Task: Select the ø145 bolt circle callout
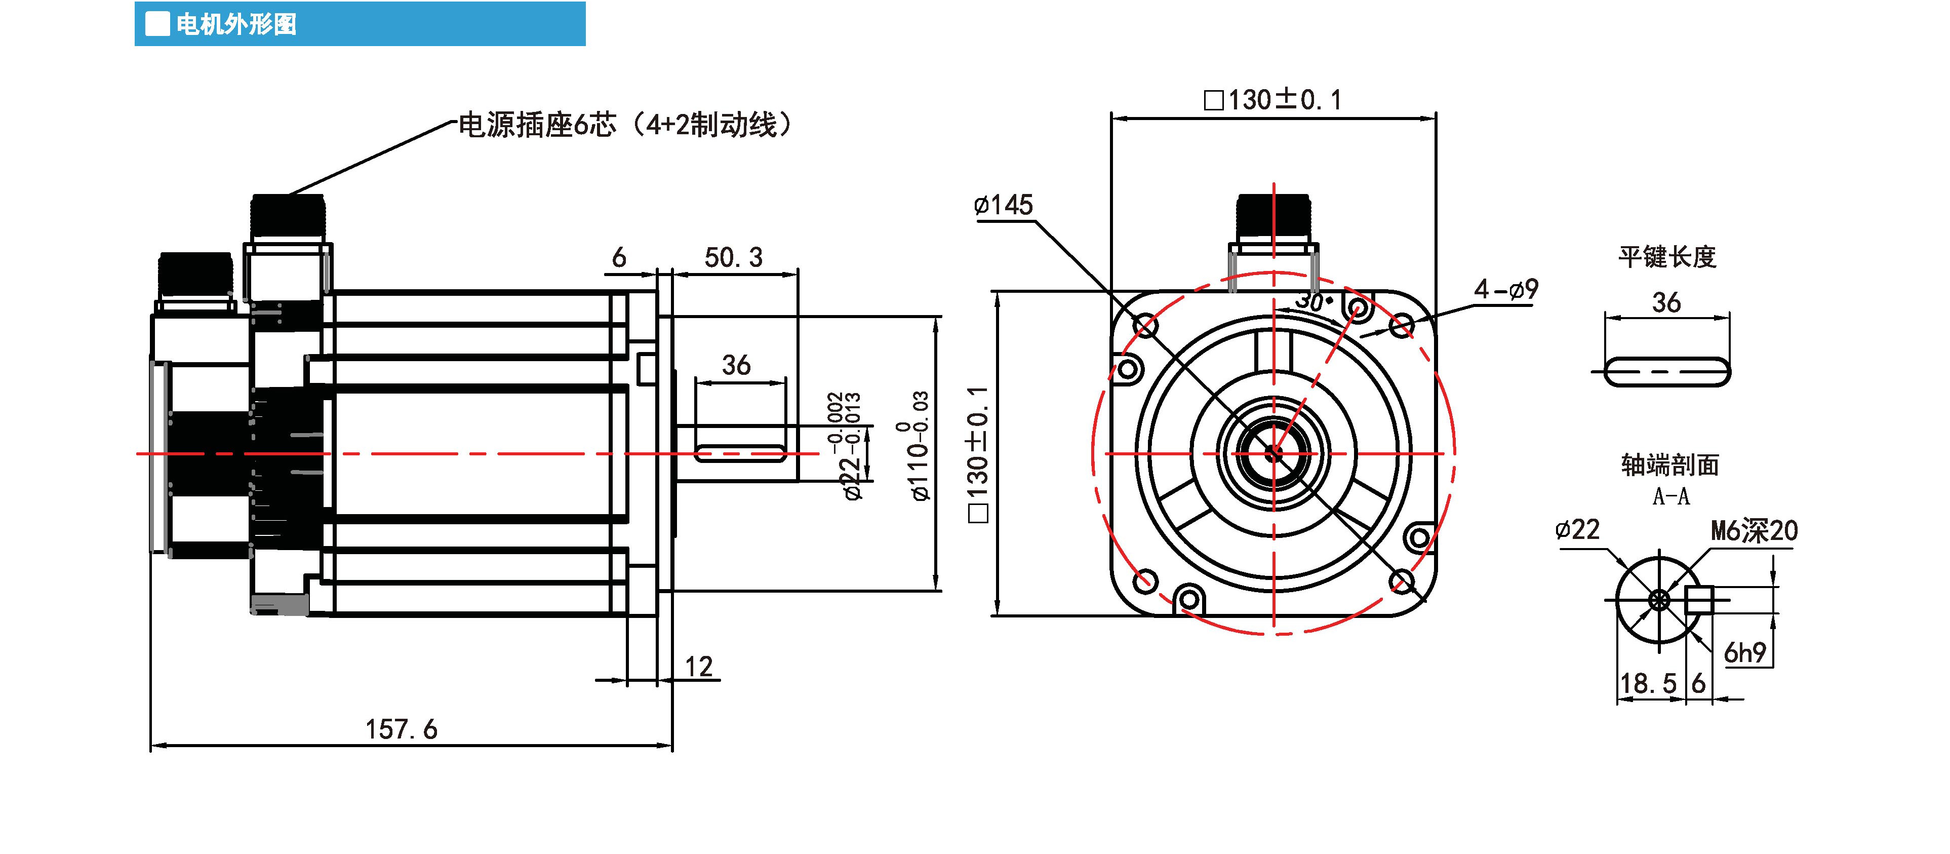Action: pyautogui.click(x=1003, y=205)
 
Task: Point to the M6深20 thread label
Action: pyautogui.click(x=1754, y=531)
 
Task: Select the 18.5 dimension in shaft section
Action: pyautogui.click(x=1647, y=684)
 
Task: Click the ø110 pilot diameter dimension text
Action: pyautogui.click(x=919, y=447)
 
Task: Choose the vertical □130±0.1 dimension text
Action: pyautogui.click(x=978, y=454)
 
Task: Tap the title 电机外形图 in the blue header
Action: pyautogui.click(x=236, y=25)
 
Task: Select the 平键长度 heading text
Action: pyautogui.click(x=1667, y=257)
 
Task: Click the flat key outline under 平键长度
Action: pyautogui.click(x=1667, y=372)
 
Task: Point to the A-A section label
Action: pyautogui.click(x=1670, y=497)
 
